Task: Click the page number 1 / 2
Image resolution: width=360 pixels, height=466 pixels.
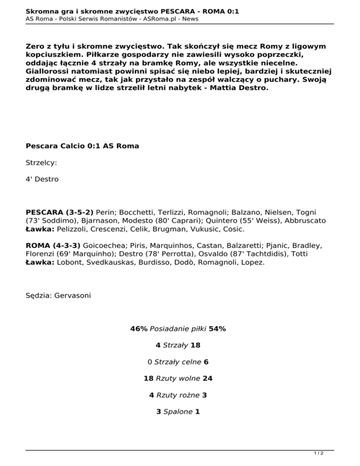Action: [x=319, y=453]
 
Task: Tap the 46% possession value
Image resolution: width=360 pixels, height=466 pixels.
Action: [x=139, y=329]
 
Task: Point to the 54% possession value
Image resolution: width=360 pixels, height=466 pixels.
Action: [x=217, y=329]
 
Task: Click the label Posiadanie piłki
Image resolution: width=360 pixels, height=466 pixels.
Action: [x=178, y=329]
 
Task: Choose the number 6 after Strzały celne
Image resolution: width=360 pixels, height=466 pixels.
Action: [x=206, y=362]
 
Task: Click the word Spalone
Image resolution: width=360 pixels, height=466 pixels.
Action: [x=178, y=412]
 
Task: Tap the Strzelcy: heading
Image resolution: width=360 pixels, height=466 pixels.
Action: [x=42, y=163]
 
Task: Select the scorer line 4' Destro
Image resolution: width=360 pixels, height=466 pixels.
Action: [x=42, y=179]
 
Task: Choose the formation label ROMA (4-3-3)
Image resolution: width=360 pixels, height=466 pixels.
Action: [x=53, y=245]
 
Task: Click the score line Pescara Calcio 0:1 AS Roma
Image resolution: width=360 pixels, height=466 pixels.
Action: [x=82, y=146]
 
